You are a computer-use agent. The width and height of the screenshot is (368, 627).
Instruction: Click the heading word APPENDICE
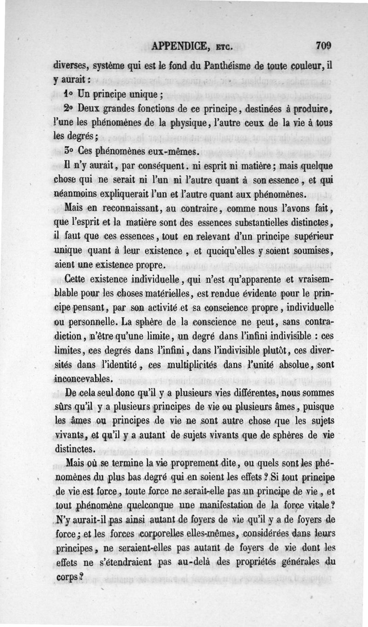pos(181,46)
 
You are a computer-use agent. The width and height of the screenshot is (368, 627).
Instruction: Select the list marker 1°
pos(69,96)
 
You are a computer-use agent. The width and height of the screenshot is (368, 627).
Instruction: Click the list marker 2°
pos(69,110)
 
